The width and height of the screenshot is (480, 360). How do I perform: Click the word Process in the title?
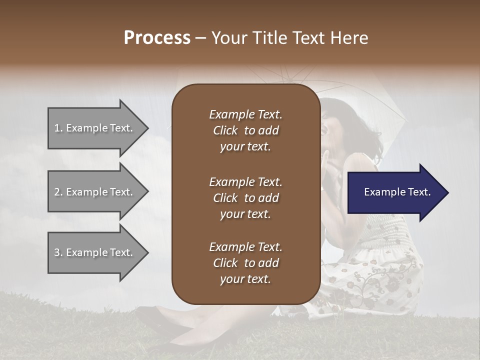point(157,38)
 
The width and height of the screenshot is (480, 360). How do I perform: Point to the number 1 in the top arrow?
point(57,128)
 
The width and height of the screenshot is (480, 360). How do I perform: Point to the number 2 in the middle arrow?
point(57,192)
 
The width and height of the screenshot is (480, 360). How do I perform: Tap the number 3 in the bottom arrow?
point(57,252)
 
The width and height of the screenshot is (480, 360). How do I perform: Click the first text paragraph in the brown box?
point(245,130)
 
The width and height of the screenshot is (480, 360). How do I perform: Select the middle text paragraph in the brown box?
point(245,197)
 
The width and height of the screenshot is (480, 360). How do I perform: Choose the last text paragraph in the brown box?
point(245,263)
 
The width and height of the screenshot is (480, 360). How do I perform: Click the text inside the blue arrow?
point(397,192)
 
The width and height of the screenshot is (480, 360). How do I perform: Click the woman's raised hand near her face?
point(330,165)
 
